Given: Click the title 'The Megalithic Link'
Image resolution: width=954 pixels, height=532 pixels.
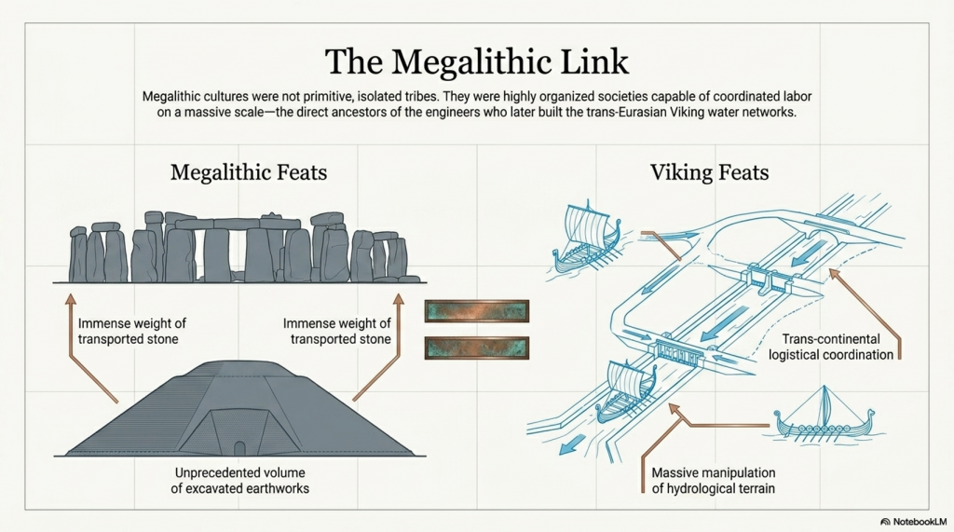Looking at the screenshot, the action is click(x=476, y=61).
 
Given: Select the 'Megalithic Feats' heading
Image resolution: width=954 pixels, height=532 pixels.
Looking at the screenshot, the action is click(x=248, y=172).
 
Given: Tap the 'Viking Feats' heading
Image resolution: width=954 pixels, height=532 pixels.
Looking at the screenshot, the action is click(x=709, y=172).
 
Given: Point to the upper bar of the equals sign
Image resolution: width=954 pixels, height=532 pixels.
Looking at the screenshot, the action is click(x=476, y=311).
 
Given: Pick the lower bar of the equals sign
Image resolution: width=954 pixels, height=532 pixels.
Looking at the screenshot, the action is click(x=476, y=348).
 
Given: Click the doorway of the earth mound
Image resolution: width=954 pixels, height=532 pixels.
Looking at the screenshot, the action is click(x=239, y=448).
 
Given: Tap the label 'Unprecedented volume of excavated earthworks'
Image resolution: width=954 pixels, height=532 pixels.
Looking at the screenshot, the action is click(x=239, y=480).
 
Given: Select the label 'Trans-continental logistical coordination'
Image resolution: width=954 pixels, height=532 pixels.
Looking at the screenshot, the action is click(x=831, y=347).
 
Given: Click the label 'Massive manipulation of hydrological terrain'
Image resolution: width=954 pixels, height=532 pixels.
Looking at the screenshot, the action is click(x=713, y=480).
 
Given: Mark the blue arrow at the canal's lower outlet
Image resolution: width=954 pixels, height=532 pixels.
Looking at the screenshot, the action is click(x=571, y=445).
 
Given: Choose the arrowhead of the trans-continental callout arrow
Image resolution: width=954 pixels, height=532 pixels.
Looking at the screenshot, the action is click(x=835, y=275).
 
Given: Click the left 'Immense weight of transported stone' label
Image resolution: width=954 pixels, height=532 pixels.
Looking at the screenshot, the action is click(x=131, y=331).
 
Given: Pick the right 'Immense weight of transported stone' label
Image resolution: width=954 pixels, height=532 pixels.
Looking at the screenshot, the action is click(x=336, y=331).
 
